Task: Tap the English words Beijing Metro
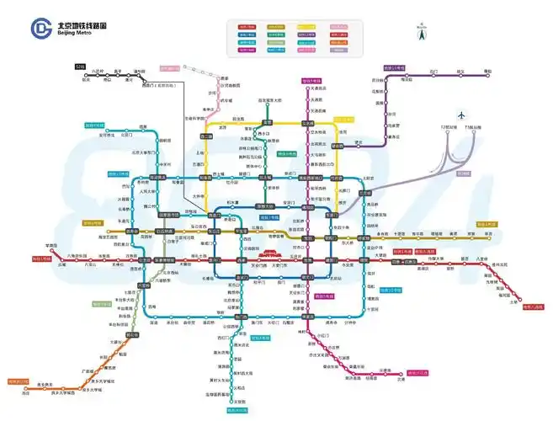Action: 73,34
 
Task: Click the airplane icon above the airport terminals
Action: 462,115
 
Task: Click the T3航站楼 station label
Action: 477,127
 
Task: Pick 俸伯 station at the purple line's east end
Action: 510,72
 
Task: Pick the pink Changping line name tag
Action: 174,67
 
